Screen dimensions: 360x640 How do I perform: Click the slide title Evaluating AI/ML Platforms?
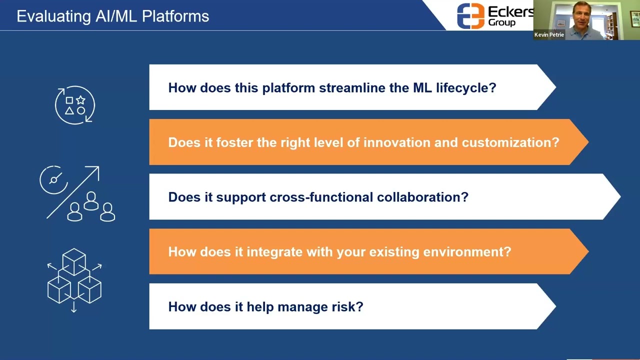112,16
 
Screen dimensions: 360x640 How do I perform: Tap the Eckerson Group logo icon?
470,16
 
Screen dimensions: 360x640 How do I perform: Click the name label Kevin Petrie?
549,35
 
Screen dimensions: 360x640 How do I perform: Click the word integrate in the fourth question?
274,251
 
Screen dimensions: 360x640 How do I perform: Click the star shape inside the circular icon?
80,100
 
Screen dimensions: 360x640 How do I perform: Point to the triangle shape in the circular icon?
69,110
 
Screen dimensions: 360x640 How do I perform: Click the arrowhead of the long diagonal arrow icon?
94,171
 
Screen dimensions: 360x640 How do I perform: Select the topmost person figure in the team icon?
91,200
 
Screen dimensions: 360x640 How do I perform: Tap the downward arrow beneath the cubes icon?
74,308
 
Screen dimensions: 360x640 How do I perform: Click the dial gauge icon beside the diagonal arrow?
53,179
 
